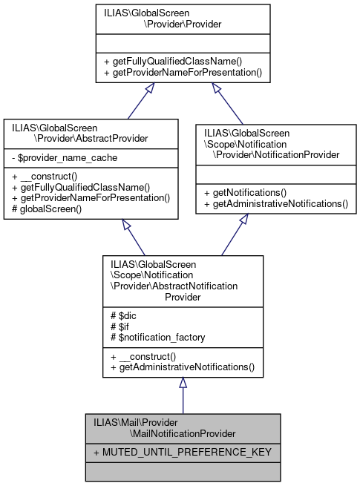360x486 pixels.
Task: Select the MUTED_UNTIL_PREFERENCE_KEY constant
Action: pyautogui.click(x=182, y=451)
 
